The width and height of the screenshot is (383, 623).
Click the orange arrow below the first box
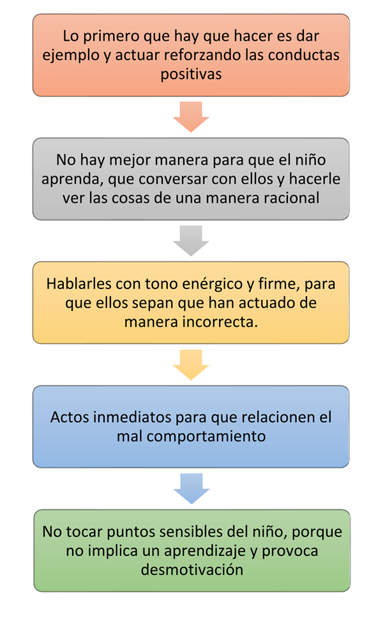pyautogui.click(x=191, y=117)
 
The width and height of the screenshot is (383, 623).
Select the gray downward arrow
pyautogui.click(x=191, y=241)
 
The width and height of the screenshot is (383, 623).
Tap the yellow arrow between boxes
pyautogui.click(x=191, y=364)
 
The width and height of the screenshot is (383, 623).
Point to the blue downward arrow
pyautogui.click(x=191, y=489)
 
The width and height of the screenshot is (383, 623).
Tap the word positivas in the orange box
pyautogui.click(x=191, y=74)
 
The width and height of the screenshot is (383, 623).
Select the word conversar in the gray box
pyautogui.click(x=173, y=179)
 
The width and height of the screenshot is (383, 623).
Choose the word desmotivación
pyautogui.click(x=192, y=570)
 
